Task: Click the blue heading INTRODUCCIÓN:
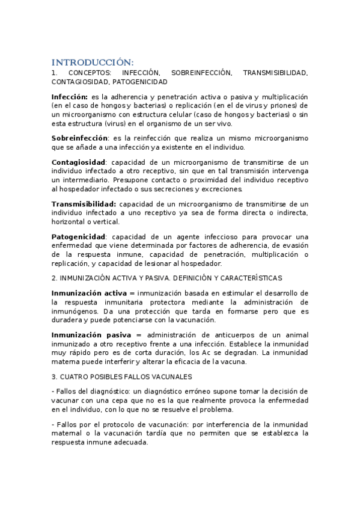[93, 63]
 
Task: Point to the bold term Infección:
[70, 97]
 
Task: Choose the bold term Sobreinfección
[79, 138]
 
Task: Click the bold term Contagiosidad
[78, 162]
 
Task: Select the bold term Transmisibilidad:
[84, 204]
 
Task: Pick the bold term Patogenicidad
[78, 237]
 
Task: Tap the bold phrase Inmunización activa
[89, 293]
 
